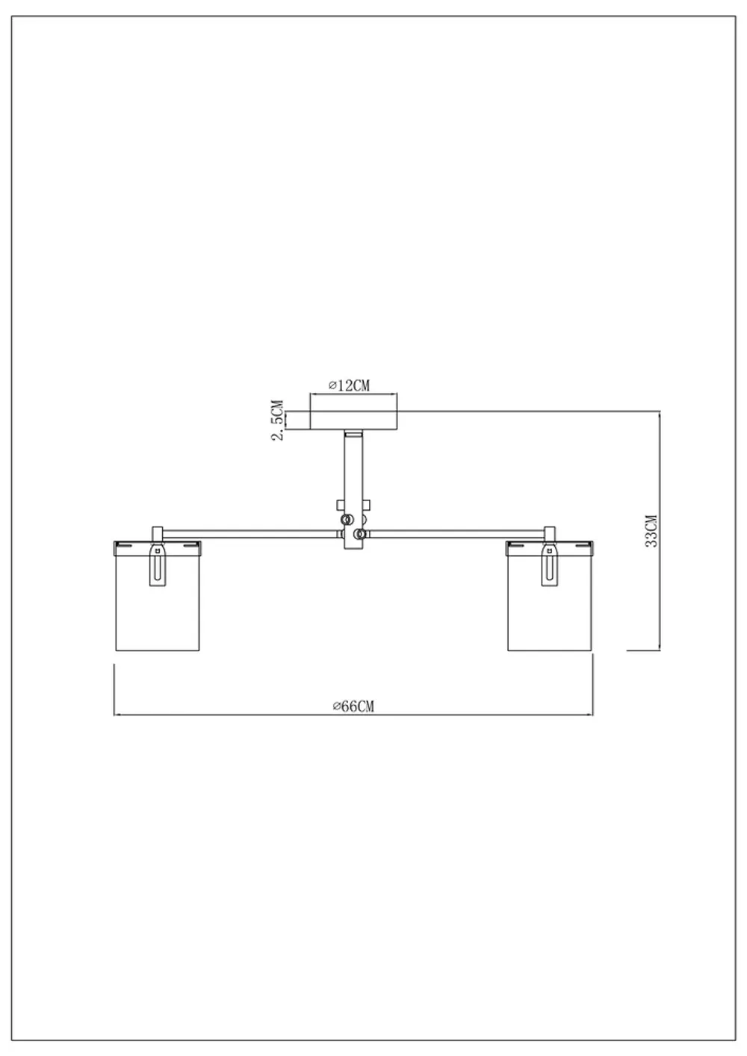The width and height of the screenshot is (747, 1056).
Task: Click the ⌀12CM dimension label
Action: [x=349, y=385]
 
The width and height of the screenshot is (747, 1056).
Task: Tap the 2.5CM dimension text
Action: [x=278, y=420]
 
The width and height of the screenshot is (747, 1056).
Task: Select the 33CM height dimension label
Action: [x=651, y=531]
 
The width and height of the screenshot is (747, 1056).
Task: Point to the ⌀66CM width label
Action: [x=353, y=706]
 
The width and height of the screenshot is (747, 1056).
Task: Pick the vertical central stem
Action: [x=353, y=489]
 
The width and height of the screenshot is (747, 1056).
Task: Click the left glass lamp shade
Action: [x=158, y=596]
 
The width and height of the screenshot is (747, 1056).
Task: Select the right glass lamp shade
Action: [x=549, y=596]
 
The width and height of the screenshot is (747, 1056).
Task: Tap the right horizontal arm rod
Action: [x=456, y=534]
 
